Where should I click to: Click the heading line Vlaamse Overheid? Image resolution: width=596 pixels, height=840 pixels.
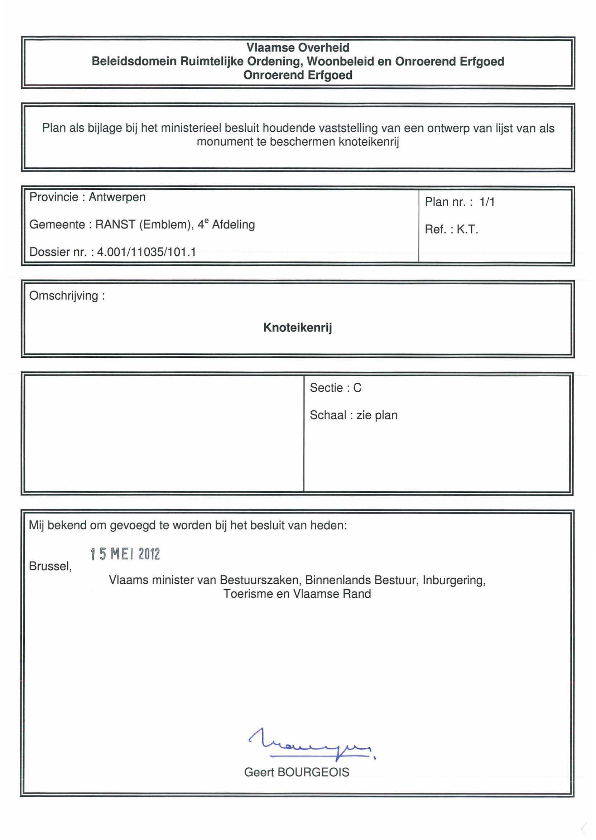298,48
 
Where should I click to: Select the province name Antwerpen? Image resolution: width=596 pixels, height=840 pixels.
117,197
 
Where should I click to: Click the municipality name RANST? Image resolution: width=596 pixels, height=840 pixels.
115,225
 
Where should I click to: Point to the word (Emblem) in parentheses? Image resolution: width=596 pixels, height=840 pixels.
166,225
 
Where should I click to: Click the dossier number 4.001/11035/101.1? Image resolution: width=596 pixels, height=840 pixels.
146,252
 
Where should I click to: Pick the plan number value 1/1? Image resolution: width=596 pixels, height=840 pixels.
487,202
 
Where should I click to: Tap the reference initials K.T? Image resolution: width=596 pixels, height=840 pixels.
467,230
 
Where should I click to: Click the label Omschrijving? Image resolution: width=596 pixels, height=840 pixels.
64,296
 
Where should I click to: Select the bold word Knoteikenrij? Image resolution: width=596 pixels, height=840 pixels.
298,328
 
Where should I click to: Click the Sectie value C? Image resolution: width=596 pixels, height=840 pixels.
357,388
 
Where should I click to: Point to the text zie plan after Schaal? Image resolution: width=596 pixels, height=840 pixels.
377,415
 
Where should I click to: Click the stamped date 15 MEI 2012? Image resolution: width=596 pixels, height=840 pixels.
125,554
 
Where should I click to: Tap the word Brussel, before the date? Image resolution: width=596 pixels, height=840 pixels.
50,566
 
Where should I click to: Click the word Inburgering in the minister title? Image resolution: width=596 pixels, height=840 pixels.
454,580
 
